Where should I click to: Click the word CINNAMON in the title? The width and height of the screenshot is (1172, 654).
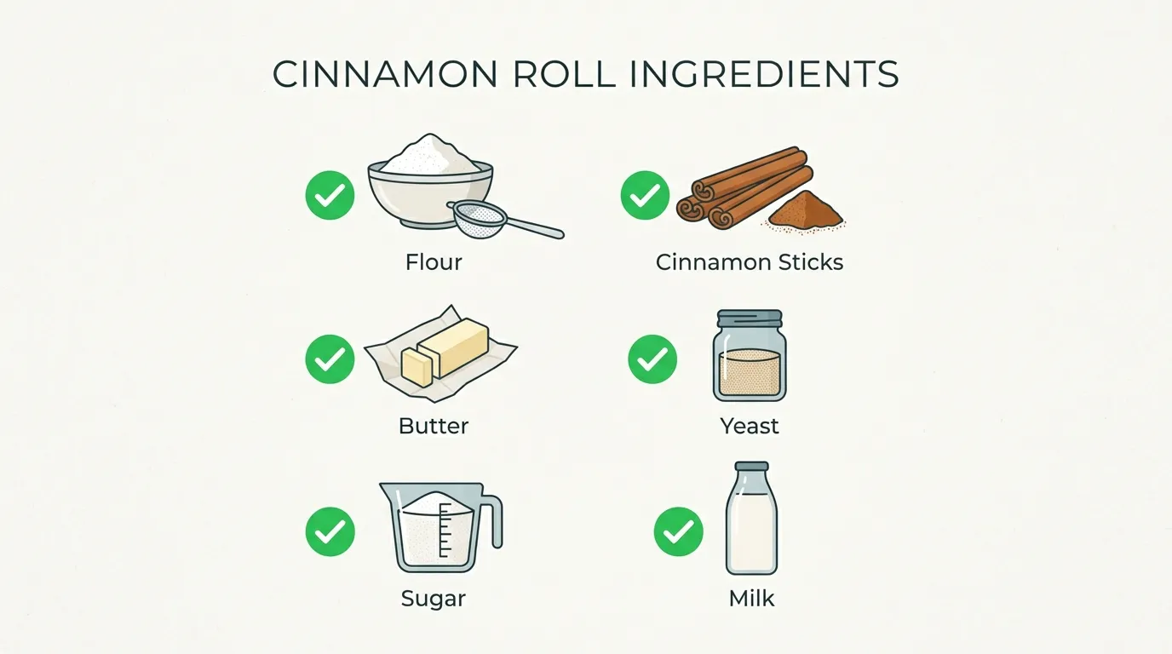pyautogui.click(x=385, y=74)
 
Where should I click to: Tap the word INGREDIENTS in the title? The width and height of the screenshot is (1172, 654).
pyautogui.click(x=764, y=74)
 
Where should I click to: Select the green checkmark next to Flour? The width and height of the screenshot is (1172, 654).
pyautogui.click(x=330, y=195)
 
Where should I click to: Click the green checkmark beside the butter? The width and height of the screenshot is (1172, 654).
pyautogui.click(x=330, y=359)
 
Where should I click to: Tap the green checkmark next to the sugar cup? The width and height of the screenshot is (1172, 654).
pyautogui.click(x=330, y=531)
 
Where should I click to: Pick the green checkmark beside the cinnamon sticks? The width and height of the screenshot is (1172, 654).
pyautogui.click(x=645, y=195)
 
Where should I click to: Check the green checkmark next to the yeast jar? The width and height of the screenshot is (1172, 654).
pyautogui.click(x=652, y=359)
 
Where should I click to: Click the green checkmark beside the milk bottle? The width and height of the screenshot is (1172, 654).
pyautogui.click(x=679, y=531)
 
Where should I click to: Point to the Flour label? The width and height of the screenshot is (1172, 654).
pyautogui.click(x=434, y=262)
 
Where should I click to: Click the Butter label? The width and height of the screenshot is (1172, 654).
pyautogui.click(x=434, y=426)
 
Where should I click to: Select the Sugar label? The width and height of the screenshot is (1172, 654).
pyautogui.click(x=434, y=599)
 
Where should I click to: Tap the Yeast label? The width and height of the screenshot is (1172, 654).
pyautogui.click(x=750, y=426)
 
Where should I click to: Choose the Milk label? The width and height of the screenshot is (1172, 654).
pyautogui.click(x=751, y=599)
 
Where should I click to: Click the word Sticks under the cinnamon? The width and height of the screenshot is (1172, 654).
pyautogui.click(x=811, y=262)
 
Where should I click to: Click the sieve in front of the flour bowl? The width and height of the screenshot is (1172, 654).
pyautogui.click(x=481, y=221)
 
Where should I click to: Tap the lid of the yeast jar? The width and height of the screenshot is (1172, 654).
pyautogui.click(x=750, y=318)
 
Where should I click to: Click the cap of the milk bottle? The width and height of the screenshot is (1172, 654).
pyautogui.click(x=752, y=467)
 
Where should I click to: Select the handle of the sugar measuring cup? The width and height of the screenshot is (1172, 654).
pyautogui.click(x=493, y=520)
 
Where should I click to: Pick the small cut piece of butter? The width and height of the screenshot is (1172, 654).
pyautogui.click(x=417, y=367)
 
